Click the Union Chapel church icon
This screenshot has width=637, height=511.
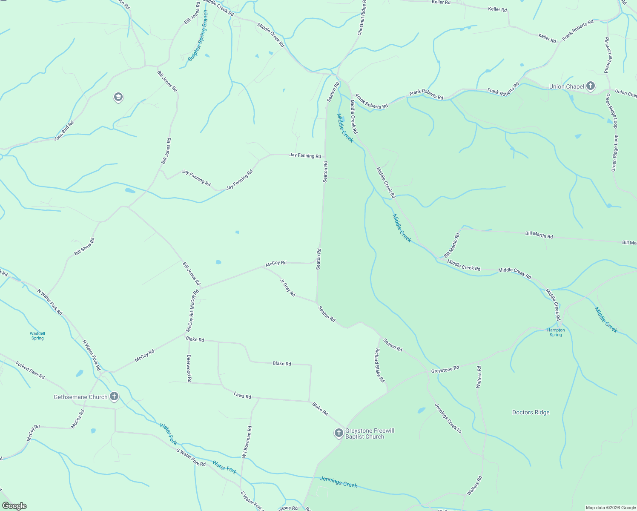[x=590, y=86]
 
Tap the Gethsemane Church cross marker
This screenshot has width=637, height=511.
[x=114, y=397]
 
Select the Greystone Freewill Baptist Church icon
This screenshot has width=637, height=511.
[x=339, y=433]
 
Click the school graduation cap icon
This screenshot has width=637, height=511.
[x=118, y=98]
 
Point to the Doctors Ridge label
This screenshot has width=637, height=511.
[x=531, y=412]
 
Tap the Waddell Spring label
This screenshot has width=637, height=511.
[x=37, y=336]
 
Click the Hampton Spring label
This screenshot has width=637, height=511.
[x=556, y=332]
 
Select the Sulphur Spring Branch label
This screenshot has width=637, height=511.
[x=198, y=36]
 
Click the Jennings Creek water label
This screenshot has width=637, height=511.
[x=339, y=482]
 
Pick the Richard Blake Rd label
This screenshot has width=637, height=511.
[x=379, y=365]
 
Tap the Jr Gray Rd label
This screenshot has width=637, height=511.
[x=287, y=287]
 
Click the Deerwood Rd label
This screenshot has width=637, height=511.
[x=189, y=368]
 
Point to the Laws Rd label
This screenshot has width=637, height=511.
[x=242, y=396]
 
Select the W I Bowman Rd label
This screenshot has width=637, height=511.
[x=247, y=442]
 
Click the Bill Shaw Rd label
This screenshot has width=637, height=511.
[x=84, y=247]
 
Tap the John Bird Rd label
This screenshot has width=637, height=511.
[x=64, y=131]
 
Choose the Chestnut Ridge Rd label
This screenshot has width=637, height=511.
[x=362, y=17]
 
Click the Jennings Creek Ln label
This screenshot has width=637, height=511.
[x=448, y=418]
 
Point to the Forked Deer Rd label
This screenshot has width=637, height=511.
[x=30, y=370]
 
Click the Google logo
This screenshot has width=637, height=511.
[x=14, y=506]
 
